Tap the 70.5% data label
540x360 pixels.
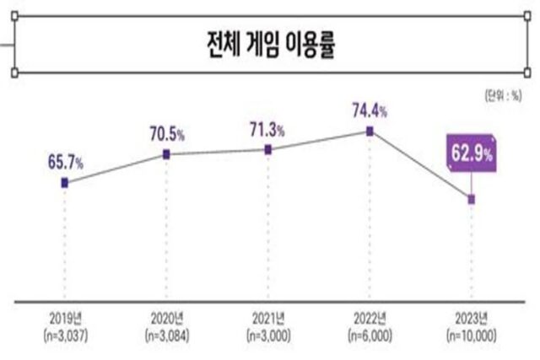click(x=167, y=132)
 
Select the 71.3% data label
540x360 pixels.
click(x=267, y=128)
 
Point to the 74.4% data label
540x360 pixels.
click(x=369, y=109)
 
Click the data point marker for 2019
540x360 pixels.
click(x=65, y=182)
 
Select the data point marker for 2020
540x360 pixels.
click(x=167, y=153)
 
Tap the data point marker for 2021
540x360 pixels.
click(x=267, y=149)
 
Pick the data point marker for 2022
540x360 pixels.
click(x=369, y=131)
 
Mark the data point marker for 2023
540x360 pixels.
click(x=472, y=200)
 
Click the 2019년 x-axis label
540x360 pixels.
click(x=66, y=320)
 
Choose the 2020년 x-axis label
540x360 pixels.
click(x=167, y=320)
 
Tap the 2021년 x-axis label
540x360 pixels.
click(x=267, y=320)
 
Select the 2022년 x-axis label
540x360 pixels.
click(x=369, y=320)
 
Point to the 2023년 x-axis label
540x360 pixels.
click(x=471, y=320)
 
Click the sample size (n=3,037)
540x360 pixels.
click(x=66, y=335)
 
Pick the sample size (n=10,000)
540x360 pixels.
click(x=471, y=335)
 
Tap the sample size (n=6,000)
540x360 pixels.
click(x=369, y=335)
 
